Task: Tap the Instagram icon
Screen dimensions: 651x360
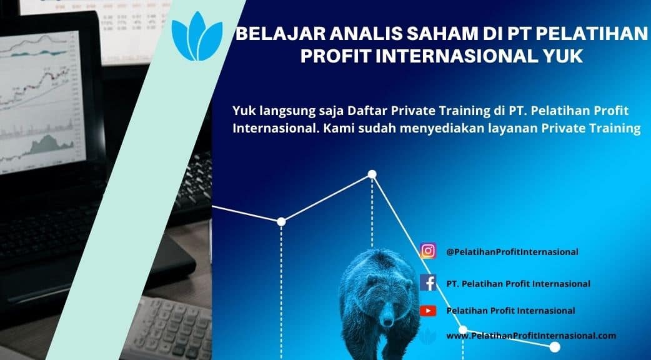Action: [x=428, y=251]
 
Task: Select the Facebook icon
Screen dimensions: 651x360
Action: [x=428, y=282]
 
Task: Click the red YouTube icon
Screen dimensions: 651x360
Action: [x=428, y=310]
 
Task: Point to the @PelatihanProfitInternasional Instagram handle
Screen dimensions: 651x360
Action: [x=512, y=252]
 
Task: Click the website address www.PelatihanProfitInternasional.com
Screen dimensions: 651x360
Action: [x=532, y=336]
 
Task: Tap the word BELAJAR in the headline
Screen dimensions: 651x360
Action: [x=280, y=34]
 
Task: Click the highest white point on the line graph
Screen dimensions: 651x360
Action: [x=372, y=174]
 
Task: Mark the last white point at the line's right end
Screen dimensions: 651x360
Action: [x=555, y=347]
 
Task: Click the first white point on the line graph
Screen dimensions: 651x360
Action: [x=281, y=222]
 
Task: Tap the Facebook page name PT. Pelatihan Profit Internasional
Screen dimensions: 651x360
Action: [x=518, y=284]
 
